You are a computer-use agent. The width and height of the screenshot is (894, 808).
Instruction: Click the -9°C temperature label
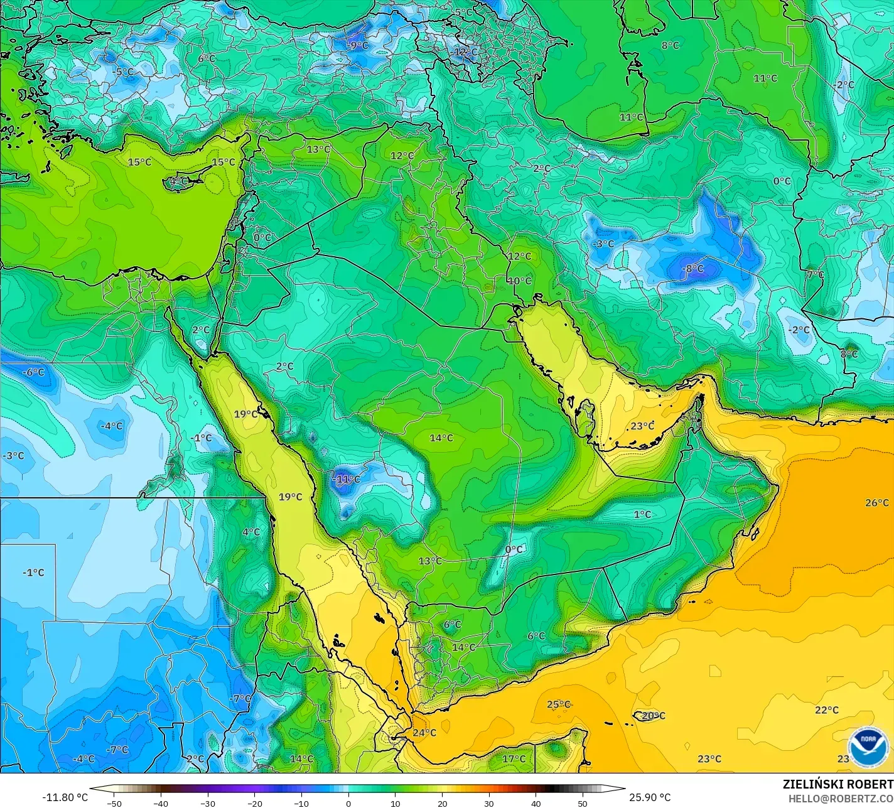pyautogui.click(x=359, y=46)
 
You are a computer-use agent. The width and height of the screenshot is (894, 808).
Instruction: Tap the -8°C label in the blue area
pyautogui.click(x=694, y=269)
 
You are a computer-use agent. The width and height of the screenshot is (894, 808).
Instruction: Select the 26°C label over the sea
pyautogui.click(x=877, y=503)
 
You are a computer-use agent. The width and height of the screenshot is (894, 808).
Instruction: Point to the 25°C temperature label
pyautogui.click(x=558, y=704)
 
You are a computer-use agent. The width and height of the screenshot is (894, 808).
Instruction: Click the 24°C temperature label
pyautogui.click(x=424, y=733)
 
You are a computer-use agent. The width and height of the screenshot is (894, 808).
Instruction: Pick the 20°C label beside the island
pyautogui.click(x=654, y=716)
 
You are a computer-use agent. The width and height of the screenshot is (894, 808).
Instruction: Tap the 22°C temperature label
pyautogui.click(x=827, y=710)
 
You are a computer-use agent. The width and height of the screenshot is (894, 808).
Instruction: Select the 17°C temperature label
pyautogui.click(x=514, y=759)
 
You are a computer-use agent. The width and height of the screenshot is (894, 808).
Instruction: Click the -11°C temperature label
pyautogui.click(x=347, y=480)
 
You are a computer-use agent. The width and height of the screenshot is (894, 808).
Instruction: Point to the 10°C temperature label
pyautogui.click(x=519, y=281)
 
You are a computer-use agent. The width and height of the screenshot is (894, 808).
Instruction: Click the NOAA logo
pyautogui.click(x=868, y=746)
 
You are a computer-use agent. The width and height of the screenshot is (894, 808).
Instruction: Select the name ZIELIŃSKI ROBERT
pyautogui.click(x=837, y=785)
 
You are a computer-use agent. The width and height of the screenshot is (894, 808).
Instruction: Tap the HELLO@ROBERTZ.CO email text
pyautogui.click(x=841, y=799)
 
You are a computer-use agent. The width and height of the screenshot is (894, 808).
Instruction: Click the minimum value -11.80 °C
pyautogui.click(x=65, y=797)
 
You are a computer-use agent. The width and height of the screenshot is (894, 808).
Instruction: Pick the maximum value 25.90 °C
pyautogui.click(x=650, y=797)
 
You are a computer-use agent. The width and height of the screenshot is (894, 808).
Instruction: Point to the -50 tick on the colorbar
pyautogui.click(x=114, y=803)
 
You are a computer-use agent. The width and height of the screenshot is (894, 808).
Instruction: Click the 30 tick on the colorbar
pyautogui.click(x=489, y=803)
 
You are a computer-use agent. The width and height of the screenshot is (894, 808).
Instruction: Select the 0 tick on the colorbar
pyautogui.click(x=348, y=803)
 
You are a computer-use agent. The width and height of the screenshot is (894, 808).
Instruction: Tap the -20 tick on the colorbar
pyautogui.click(x=254, y=803)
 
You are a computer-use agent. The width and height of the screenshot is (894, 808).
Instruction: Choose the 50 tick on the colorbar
pyautogui.click(x=583, y=803)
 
